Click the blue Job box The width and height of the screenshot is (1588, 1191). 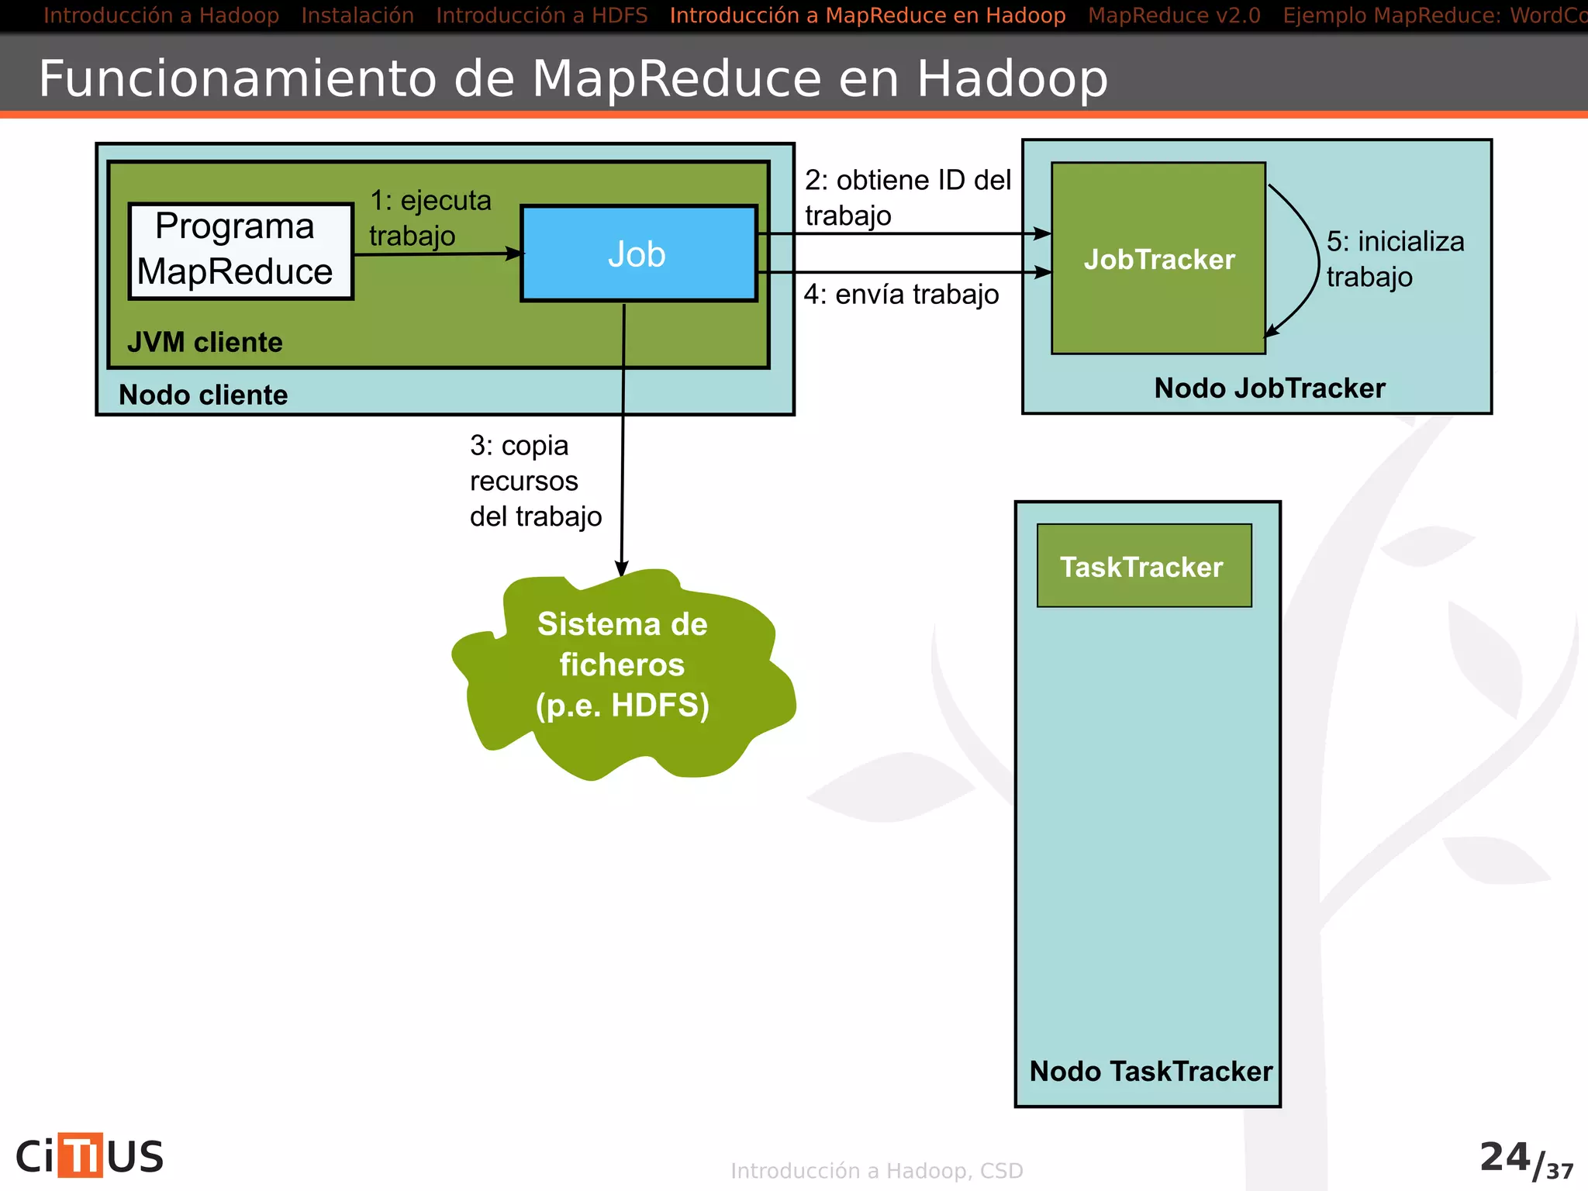[x=638, y=254]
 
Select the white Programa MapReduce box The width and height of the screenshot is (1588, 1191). [x=240, y=250]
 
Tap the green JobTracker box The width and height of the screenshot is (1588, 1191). [x=1158, y=259]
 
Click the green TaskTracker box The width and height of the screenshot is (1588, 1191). [x=1144, y=566]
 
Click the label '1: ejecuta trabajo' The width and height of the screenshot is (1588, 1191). [x=430, y=218]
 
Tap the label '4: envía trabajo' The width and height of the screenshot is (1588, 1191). [x=901, y=295]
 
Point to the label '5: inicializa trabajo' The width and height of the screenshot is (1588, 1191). [x=1393, y=258]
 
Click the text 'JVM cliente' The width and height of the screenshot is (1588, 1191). [x=205, y=342]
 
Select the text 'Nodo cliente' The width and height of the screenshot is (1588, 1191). [x=203, y=395]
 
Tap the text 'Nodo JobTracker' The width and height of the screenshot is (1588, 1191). [x=1269, y=388]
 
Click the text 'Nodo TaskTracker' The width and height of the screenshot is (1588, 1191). [x=1150, y=1071]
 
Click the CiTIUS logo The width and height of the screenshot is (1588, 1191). [x=90, y=1156]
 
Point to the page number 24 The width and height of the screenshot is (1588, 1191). [x=1504, y=1157]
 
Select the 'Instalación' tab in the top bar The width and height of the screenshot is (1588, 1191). [x=357, y=16]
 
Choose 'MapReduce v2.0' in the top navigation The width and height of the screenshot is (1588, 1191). [x=1173, y=16]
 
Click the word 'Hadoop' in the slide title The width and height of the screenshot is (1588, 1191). [x=1012, y=78]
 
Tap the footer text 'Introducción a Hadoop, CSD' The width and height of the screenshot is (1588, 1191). [x=876, y=1170]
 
